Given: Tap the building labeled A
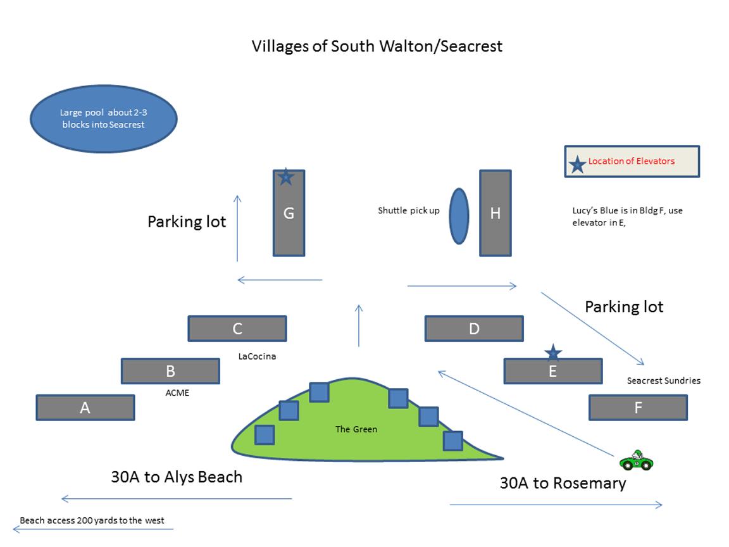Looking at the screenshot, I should coord(85,408).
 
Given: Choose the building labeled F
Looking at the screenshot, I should coord(638,408).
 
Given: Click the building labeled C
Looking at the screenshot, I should coord(237,329).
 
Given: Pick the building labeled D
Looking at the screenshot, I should coord(474,329).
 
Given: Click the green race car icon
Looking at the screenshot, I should coord(636,460).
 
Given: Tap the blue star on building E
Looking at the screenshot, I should coord(553,353).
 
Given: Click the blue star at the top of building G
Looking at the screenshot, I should coord(286,177).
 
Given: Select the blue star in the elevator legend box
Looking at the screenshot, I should coord(577,165).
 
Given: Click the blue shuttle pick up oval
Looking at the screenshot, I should coord(459,216).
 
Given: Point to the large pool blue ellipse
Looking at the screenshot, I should coord(104,119).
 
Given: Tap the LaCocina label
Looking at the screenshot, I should coord(257,356).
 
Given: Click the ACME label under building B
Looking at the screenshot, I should coord(177,393).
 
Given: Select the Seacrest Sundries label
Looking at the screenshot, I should coord(663,380).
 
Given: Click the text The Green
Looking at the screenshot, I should coord(356,429).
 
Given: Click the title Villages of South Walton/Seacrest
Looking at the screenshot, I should coord(377,46).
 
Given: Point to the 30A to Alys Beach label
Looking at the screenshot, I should coord(177,477).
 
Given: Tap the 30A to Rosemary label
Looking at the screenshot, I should coord(563,483).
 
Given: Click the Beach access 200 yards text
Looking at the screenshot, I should coord(92,520).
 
